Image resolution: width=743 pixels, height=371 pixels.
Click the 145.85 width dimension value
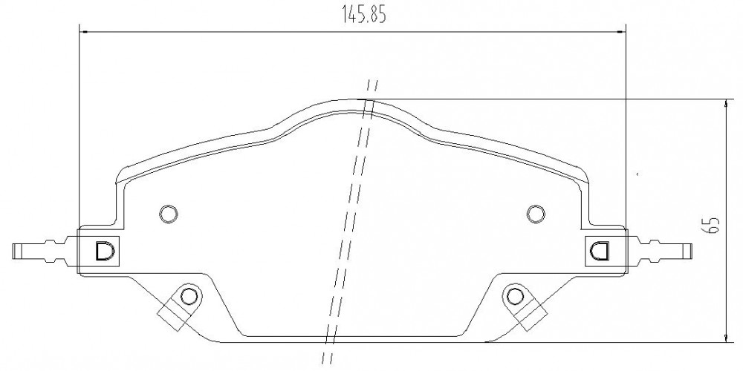[x=364, y=15]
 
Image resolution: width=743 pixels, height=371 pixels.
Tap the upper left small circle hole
[x=168, y=214]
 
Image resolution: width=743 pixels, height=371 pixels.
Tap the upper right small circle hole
[x=536, y=214]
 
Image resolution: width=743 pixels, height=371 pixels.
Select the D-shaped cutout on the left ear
[x=104, y=251]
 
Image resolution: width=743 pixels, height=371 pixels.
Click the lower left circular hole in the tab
[x=189, y=297]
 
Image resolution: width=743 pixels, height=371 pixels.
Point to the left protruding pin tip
[x=13, y=252]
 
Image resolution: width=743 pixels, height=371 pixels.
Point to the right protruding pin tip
[x=690, y=251]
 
